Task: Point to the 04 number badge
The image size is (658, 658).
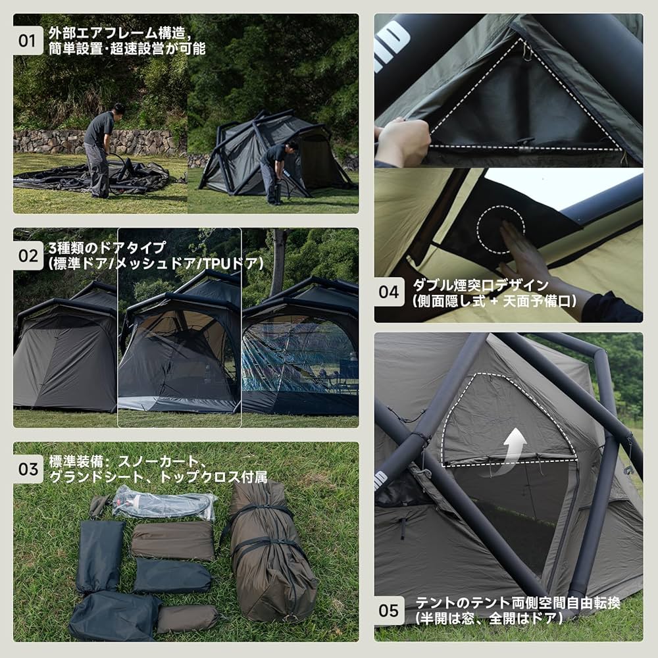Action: [x=390, y=291]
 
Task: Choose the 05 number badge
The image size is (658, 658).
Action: [x=390, y=610]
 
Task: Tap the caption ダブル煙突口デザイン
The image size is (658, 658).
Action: [x=480, y=286]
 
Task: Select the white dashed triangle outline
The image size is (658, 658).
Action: [x=526, y=99]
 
